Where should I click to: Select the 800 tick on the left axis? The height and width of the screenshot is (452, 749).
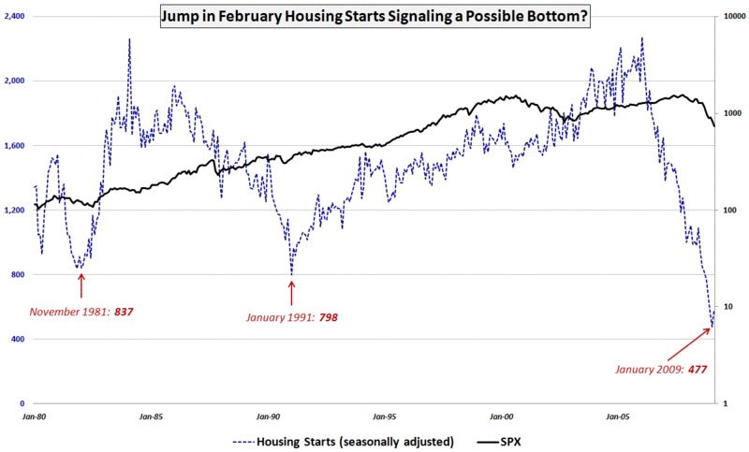pyautogui.click(x=22, y=275)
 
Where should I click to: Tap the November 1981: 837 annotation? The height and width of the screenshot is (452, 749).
pyautogui.click(x=81, y=311)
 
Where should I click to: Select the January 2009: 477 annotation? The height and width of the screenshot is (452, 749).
pyautogui.click(x=661, y=370)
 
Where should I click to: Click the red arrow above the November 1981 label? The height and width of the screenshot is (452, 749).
pyautogui.click(x=81, y=284)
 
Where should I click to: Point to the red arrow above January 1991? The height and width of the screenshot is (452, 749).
pyautogui.click(x=292, y=290)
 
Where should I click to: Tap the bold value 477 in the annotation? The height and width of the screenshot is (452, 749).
pyautogui.click(x=697, y=370)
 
